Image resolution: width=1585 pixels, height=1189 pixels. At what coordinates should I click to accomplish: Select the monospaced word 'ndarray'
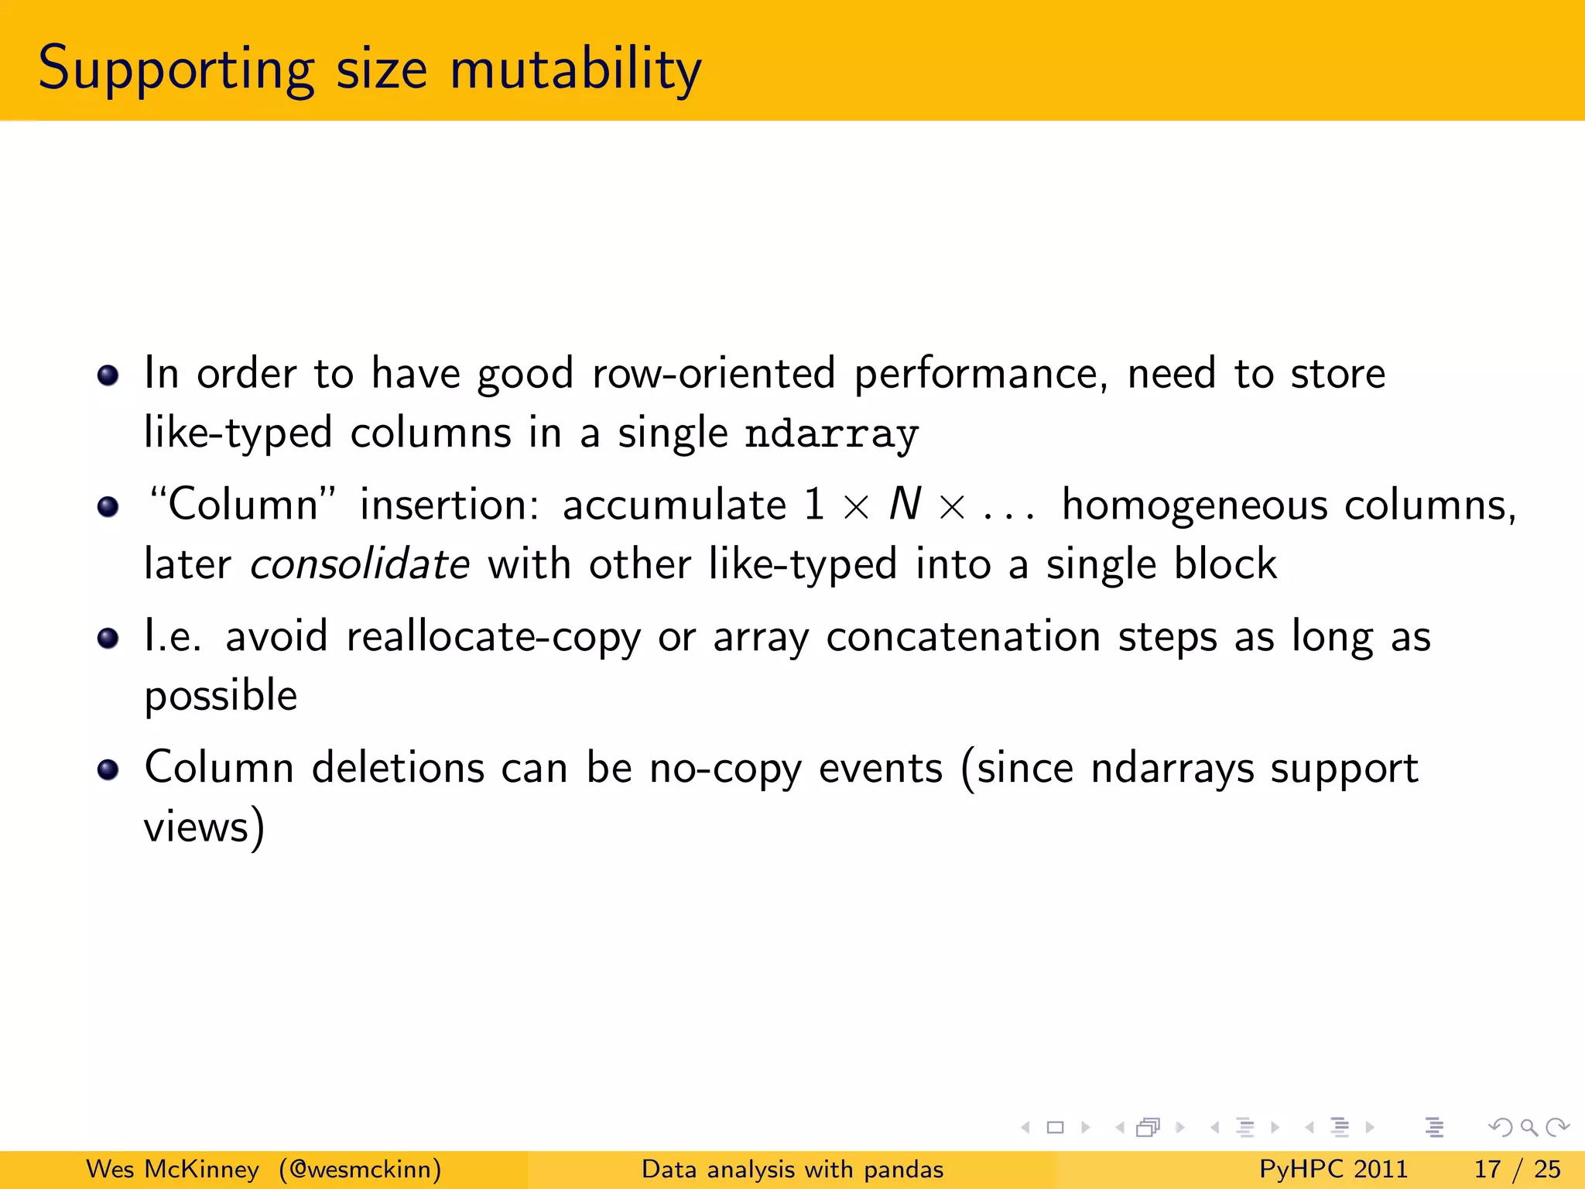[831, 433]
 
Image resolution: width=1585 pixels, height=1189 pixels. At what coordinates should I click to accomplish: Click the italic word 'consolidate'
[360, 564]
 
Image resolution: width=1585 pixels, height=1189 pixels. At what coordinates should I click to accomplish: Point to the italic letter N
[905, 505]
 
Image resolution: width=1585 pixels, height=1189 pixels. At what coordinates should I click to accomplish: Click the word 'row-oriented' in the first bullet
[714, 374]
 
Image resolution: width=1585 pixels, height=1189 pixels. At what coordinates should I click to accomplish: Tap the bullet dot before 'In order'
[108, 376]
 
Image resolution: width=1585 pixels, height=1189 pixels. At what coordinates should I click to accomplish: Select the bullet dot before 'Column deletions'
[108, 770]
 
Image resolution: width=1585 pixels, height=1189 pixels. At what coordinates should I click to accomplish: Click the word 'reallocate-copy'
[493, 638]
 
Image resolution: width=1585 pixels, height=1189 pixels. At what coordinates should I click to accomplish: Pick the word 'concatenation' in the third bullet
[963, 637]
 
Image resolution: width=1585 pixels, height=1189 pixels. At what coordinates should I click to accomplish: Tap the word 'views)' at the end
[204, 827]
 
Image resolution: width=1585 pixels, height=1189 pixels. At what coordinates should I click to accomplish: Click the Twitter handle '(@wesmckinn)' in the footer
[360, 1169]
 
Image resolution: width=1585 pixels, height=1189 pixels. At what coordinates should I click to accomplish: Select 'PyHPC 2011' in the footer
[1333, 1169]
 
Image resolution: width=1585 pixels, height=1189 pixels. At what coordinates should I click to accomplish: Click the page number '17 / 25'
[1517, 1169]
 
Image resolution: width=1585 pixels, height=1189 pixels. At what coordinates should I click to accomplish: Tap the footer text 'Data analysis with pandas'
[792, 1169]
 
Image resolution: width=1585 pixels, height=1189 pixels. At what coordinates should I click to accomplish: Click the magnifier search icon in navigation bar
[1529, 1127]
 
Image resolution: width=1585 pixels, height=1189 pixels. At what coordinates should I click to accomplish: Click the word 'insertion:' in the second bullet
[450, 505]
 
